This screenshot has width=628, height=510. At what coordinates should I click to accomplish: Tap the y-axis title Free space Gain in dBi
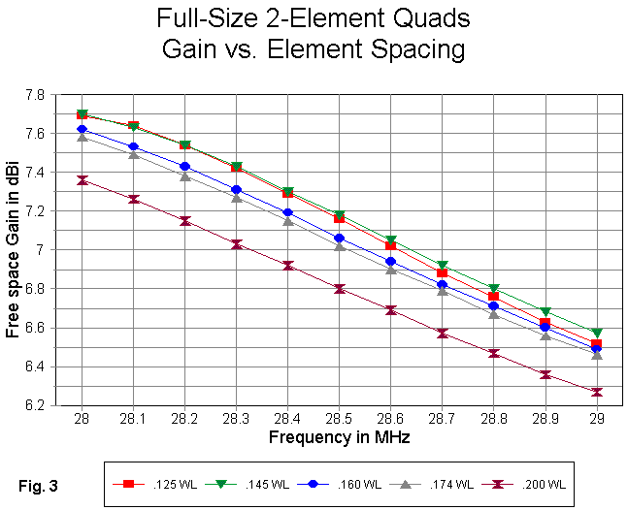click(x=13, y=249)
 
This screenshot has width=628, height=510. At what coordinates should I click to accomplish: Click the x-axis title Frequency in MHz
click(x=339, y=438)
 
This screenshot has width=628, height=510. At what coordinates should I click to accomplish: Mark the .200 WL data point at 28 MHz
click(x=82, y=179)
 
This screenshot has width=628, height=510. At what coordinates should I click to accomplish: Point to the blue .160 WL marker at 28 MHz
click(x=82, y=129)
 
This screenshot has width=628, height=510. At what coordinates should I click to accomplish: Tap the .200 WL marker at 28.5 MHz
click(x=339, y=288)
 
